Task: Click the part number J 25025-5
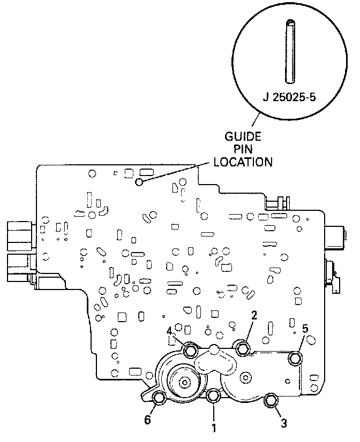289,97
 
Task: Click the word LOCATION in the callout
243,161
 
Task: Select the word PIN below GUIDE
243,149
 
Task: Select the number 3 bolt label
284,423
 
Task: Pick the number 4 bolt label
169,330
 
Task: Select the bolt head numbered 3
271,400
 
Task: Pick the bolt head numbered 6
159,399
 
